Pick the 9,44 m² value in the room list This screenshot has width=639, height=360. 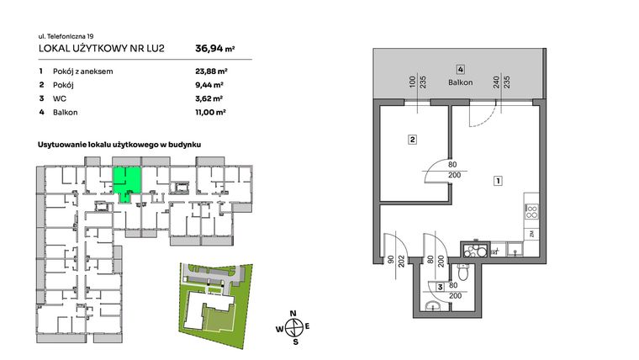209,85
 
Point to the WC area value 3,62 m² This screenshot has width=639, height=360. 209,98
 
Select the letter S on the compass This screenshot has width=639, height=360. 294,341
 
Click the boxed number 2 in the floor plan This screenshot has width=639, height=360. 412,140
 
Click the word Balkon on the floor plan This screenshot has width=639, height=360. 461,82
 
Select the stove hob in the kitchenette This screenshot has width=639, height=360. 531,211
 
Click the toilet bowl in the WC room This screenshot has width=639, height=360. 464,275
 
